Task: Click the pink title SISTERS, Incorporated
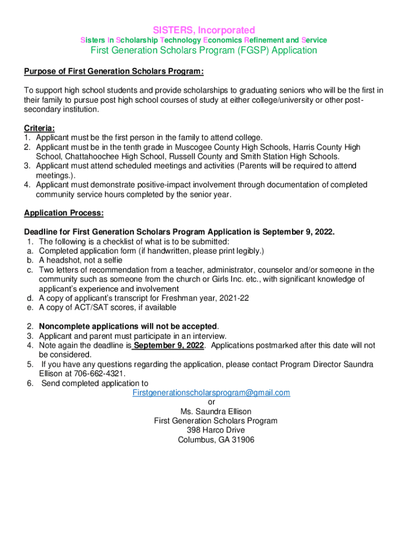(x=204, y=30)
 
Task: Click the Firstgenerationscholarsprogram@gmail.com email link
(x=211, y=392)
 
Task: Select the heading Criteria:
(x=39, y=128)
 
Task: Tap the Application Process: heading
(x=64, y=213)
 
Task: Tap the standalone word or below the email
(x=211, y=402)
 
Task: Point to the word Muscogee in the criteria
(x=209, y=147)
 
